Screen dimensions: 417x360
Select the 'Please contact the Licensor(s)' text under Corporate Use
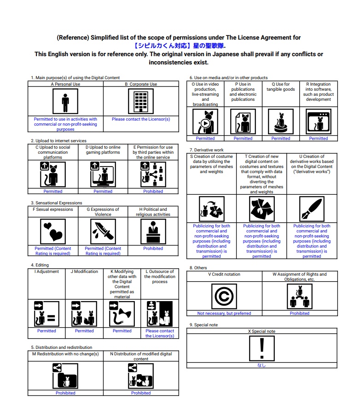[x=141, y=119]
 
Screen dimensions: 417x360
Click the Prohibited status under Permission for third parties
[x=153, y=191]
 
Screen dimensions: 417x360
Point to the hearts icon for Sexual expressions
[x=52, y=231]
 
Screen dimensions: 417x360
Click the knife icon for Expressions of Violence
[x=103, y=231]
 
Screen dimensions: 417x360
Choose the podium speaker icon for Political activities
[x=153, y=231]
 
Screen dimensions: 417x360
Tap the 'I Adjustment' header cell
[x=46, y=272]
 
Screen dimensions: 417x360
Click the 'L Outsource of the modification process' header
[x=160, y=277]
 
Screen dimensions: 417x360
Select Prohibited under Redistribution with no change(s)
[x=65, y=393]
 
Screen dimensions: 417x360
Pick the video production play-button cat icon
[x=205, y=122]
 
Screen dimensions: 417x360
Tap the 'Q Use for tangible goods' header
[x=281, y=87]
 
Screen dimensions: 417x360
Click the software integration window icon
[x=319, y=122]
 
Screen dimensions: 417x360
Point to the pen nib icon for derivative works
[x=312, y=209]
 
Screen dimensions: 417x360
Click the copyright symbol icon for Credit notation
[x=224, y=296]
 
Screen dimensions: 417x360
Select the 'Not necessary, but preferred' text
[x=224, y=313]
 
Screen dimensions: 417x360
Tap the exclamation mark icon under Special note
[x=261, y=348]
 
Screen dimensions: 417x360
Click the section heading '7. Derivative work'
[x=207, y=150]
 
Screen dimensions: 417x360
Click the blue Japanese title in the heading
[x=180, y=46]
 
